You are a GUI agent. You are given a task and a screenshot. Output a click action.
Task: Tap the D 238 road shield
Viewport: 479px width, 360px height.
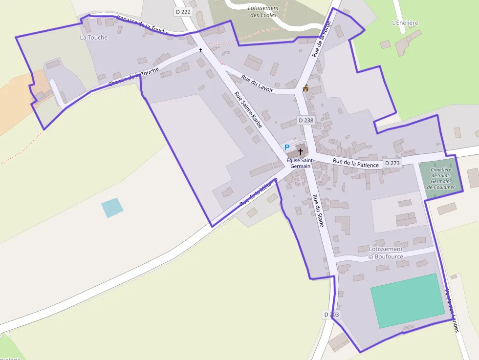click(306, 120)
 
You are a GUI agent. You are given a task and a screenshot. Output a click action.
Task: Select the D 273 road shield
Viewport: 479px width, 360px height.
click(392, 163)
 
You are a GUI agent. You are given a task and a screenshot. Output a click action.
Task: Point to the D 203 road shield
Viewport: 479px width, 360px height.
click(331, 315)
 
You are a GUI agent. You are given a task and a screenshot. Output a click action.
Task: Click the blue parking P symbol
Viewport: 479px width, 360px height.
click(287, 148)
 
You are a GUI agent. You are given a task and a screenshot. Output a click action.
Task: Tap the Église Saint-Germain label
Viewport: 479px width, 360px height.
click(300, 163)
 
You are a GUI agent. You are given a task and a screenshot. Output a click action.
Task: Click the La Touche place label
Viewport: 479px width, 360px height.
click(94, 37)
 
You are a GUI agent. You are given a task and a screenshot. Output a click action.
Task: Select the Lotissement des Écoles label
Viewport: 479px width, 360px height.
click(263, 12)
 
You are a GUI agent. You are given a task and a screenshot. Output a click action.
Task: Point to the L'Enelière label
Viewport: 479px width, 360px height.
click(405, 23)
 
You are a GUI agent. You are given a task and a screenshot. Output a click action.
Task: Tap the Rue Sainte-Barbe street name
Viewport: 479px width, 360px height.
click(248, 110)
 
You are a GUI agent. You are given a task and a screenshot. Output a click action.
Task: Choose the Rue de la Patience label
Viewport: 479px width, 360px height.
click(356, 163)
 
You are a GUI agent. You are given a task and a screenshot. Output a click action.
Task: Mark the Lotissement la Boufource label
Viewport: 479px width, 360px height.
click(386, 253)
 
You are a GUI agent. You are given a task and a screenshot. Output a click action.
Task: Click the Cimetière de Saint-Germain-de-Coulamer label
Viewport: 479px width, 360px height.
click(441, 178)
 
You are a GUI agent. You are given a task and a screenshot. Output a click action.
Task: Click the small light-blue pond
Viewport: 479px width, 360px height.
click(112, 208)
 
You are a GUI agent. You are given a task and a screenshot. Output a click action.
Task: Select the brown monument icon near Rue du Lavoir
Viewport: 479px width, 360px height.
click(306, 88)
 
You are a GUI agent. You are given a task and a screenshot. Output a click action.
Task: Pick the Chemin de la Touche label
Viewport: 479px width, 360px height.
click(134, 78)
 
